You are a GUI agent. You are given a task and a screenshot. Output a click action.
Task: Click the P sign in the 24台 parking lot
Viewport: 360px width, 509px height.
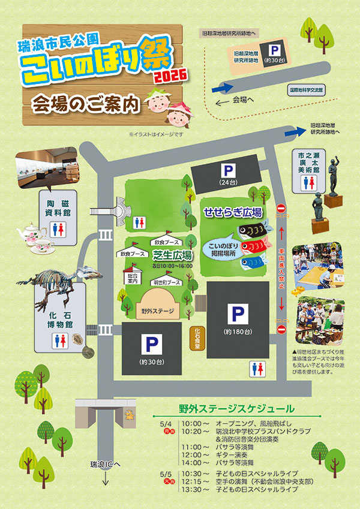point(228,170)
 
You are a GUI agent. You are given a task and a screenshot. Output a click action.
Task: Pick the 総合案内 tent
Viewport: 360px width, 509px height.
point(133,278)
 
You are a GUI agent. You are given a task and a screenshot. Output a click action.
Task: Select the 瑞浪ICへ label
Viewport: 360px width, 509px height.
point(105,464)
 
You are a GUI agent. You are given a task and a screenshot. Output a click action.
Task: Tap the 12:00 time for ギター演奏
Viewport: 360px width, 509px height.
point(191,455)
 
